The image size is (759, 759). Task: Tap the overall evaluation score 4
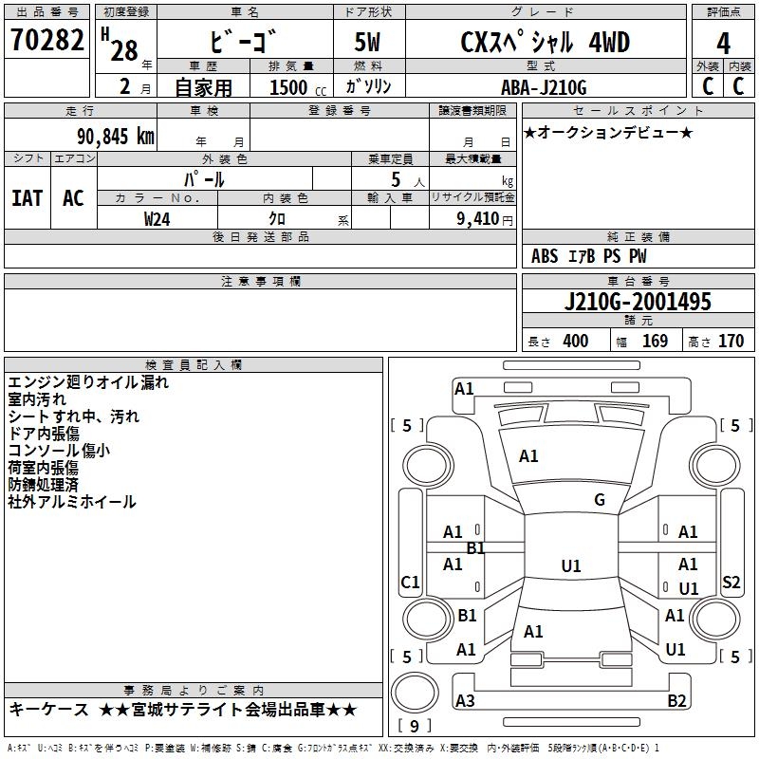(x=723, y=43)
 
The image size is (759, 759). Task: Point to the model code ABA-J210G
(x=544, y=87)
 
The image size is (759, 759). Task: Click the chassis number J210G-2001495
(x=637, y=302)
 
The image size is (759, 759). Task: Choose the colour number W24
(x=157, y=218)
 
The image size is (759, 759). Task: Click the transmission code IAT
(x=27, y=197)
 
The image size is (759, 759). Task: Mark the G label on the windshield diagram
(x=600, y=500)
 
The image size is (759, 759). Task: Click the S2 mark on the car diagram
(x=731, y=583)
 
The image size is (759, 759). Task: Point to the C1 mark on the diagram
(x=410, y=583)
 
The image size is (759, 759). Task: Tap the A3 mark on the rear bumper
(x=465, y=701)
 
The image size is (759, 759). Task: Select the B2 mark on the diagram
(x=677, y=701)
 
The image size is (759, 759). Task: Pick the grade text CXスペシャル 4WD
(x=545, y=43)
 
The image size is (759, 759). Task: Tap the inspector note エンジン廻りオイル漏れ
(x=88, y=382)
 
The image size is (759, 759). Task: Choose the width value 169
(x=655, y=342)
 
